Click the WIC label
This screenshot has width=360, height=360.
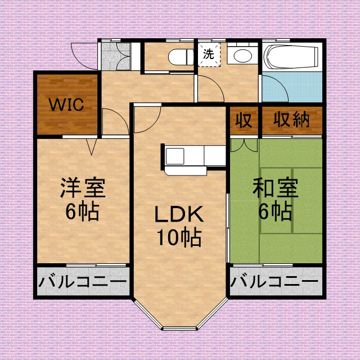[66, 105]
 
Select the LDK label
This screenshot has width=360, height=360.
[178, 215]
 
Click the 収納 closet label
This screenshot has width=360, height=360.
[292, 120]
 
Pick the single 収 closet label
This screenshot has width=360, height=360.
[244, 120]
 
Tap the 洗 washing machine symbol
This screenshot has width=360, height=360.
[209, 55]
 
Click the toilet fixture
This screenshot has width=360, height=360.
[178, 56]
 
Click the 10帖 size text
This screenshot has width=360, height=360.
[178, 238]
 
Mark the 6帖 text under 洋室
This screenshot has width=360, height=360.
[83, 212]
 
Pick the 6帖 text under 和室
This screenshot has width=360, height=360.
[275, 212]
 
